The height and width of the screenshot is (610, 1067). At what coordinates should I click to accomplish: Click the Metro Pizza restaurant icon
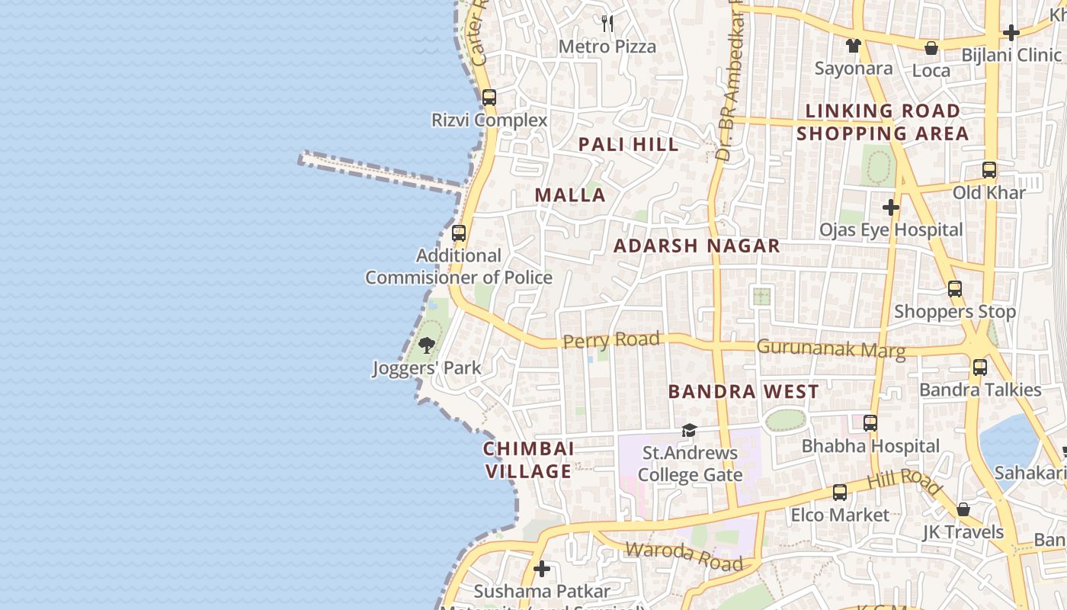607,24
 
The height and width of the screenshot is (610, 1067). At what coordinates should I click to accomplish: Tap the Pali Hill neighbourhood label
628,144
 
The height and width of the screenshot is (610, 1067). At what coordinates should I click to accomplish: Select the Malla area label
570,195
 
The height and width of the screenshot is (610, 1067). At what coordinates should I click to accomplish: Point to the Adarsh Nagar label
697,246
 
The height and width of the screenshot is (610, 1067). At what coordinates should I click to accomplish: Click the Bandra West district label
743,392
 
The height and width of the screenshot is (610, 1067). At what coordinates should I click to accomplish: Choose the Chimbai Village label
528,460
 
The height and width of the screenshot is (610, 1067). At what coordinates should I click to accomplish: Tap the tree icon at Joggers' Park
427,345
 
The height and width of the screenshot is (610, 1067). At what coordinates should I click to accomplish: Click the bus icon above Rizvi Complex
489,98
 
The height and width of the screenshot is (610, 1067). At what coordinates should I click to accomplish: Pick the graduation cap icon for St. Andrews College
689,431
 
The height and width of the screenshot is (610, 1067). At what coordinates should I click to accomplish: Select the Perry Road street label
611,339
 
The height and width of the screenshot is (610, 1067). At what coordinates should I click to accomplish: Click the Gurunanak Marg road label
831,349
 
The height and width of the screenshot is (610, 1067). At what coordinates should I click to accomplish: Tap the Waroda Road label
684,555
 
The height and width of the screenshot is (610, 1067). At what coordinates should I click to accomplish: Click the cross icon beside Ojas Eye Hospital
890,207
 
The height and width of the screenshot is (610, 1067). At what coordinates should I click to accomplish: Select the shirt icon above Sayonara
853,46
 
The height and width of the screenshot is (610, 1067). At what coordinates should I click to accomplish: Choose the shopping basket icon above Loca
931,48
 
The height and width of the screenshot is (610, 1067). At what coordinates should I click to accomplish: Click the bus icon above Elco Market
839,493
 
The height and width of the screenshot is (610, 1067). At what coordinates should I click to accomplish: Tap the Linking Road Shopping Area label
883,122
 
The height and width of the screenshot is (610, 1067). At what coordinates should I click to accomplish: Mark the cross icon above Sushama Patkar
542,569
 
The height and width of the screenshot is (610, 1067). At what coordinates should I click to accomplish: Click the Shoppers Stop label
954,311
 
